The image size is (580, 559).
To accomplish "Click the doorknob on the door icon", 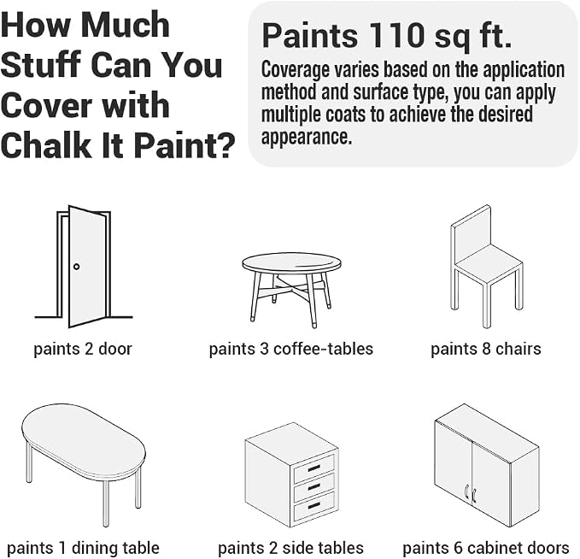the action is click(x=76, y=267).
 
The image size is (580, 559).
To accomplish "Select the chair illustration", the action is click(x=486, y=267).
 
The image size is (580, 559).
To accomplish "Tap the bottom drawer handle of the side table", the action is click(x=313, y=504).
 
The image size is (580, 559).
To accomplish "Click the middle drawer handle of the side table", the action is click(x=313, y=486).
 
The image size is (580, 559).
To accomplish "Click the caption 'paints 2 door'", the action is click(x=83, y=349).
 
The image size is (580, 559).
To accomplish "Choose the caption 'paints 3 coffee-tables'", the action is click(x=291, y=349).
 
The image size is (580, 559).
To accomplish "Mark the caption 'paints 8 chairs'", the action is click(x=486, y=349).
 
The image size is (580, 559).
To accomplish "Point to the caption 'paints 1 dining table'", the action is click(x=83, y=548).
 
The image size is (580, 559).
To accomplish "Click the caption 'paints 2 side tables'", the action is click(x=290, y=548).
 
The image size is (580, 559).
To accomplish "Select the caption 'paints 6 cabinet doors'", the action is click(x=486, y=548).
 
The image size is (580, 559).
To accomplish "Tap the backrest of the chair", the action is click(x=471, y=232).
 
